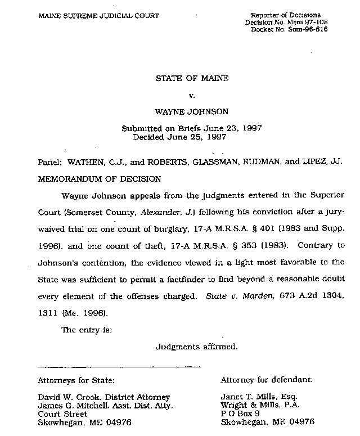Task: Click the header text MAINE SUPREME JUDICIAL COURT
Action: [98, 15]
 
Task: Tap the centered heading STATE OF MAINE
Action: [192, 78]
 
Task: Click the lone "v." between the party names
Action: [192, 95]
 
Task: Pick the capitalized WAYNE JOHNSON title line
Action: [192, 112]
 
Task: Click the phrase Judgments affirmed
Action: [196, 347]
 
